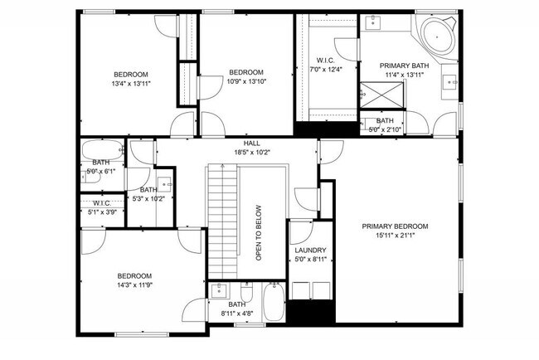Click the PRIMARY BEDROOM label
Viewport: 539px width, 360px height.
point(395,226)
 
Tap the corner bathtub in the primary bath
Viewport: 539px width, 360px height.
point(436,36)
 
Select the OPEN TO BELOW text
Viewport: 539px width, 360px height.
point(259,233)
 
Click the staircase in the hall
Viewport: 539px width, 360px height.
point(221,220)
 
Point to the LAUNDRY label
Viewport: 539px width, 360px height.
point(310,250)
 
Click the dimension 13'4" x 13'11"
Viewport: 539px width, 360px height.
point(131,84)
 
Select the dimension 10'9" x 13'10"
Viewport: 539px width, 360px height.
point(245,82)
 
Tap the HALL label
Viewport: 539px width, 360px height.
point(240,143)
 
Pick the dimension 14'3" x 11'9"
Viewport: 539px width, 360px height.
point(134,286)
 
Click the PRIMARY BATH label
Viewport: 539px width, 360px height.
point(405,65)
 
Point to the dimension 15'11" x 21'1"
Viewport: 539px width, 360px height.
point(395,236)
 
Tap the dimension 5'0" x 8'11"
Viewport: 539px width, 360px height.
point(310,260)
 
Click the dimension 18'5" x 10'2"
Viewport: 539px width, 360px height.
point(240,153)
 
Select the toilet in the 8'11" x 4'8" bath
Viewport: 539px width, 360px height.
point(246,293)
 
